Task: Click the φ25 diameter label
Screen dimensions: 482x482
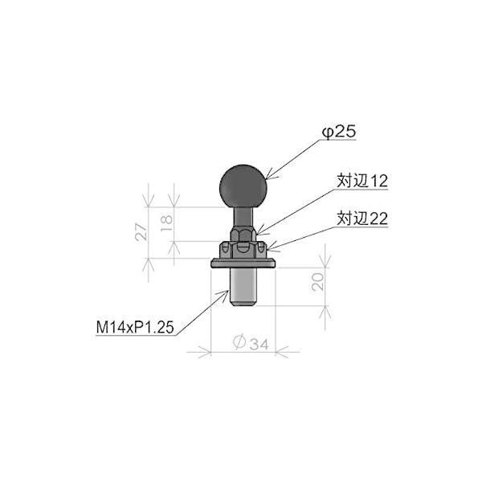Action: point(339,133)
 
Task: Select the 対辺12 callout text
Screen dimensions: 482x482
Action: point(362,181)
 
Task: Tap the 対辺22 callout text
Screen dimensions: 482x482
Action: point(362,219)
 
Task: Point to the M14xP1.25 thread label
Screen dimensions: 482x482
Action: point(135,327)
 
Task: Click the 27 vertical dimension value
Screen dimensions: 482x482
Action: point(141,232)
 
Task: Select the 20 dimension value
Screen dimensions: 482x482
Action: point(317,282)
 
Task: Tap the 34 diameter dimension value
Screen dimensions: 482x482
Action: point(259,345)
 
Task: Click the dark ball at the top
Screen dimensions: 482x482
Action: point(243,186)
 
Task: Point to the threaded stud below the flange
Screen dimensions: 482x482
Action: point(243,287)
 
